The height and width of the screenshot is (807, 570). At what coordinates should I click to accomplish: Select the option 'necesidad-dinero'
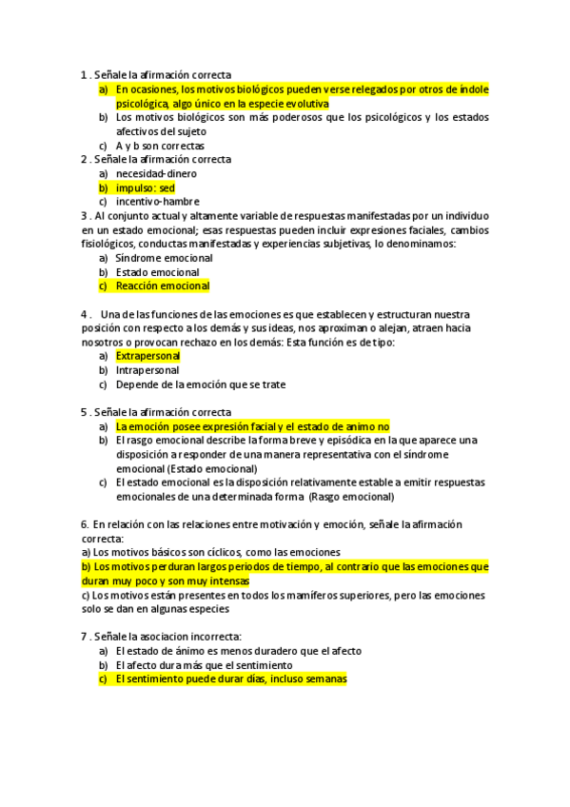tap(156, 174)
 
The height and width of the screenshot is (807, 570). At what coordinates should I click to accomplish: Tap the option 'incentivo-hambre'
tap(157, 202)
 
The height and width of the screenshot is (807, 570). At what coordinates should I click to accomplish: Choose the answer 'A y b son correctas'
tap(160, 146)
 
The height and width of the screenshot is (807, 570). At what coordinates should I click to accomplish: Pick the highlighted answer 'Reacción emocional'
tap(162, 285)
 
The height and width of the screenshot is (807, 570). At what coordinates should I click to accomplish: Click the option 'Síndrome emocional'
tap(164, 258)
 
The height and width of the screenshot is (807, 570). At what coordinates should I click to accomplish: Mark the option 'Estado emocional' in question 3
tap(157, 272)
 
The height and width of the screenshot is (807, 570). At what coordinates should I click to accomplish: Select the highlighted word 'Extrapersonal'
tap(147, 356)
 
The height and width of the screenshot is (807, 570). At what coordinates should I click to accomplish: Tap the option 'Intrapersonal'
tap(147, 370)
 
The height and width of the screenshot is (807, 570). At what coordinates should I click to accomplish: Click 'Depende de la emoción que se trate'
tap(200, 384)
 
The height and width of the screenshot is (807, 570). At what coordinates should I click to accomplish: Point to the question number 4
tap(85, 314)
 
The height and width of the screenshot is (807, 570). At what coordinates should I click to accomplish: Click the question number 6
tap(85, 524)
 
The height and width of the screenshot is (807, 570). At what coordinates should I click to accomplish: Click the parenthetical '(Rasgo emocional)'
tap(351, 496)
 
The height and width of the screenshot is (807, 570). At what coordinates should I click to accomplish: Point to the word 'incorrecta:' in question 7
tap(216, 636)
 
